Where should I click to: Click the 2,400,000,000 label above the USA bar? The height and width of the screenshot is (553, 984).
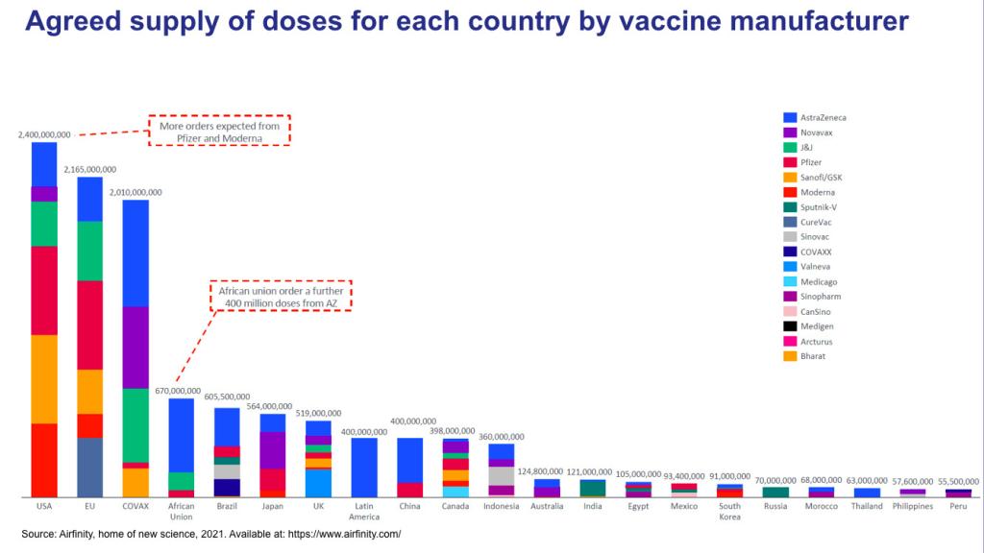(x=44, y=135)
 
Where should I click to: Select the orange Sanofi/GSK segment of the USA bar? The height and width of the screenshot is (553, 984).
(x=44, y=378)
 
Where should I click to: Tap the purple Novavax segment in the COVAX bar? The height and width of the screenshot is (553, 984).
(x=135, y=347)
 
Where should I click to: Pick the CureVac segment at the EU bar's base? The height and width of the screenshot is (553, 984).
(x=90, y=467)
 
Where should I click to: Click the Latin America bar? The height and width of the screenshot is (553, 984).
(x=364, y=467)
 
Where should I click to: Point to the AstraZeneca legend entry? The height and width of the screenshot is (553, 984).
(x=823, y=117)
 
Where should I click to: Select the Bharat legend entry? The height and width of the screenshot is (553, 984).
(x=813, y=356)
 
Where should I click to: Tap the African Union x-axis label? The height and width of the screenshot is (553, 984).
(x=181, y=512)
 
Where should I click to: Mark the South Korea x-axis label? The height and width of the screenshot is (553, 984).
(x=729, y=512)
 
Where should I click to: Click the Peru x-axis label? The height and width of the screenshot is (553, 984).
(x=958, y=507)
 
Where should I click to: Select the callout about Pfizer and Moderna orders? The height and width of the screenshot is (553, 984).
(x=219, y=131)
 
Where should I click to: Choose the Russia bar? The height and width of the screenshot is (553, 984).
(x=775, y=492)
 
